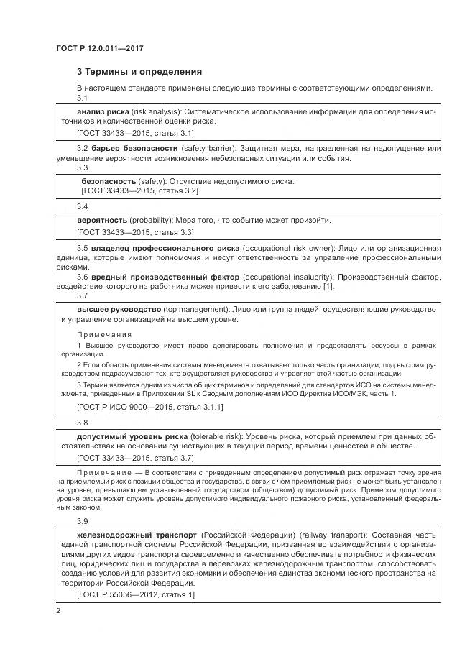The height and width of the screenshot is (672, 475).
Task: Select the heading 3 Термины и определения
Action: (139, 72)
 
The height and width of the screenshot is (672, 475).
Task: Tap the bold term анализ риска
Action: (103, 113)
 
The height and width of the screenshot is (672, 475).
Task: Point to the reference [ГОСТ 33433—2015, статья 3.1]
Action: (135, 134)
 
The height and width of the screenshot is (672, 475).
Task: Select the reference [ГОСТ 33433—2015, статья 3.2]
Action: (140, 191)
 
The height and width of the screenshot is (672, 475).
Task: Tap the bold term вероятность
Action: (102, 220)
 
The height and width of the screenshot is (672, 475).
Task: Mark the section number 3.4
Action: (82, 206)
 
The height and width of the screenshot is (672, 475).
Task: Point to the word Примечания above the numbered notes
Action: (104, 334)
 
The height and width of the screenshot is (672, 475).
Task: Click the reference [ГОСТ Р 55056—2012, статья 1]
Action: (135, 595)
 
